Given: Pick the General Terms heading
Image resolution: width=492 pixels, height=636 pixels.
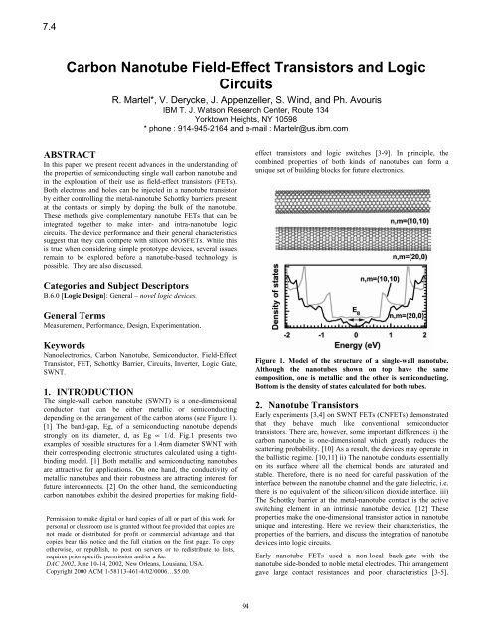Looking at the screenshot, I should tap(47, 355).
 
